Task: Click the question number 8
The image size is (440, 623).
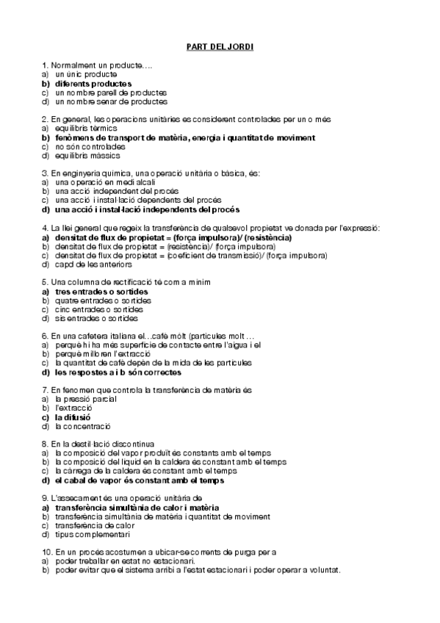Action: (x=45, y=444)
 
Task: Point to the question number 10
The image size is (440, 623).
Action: (x=47, y=552)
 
